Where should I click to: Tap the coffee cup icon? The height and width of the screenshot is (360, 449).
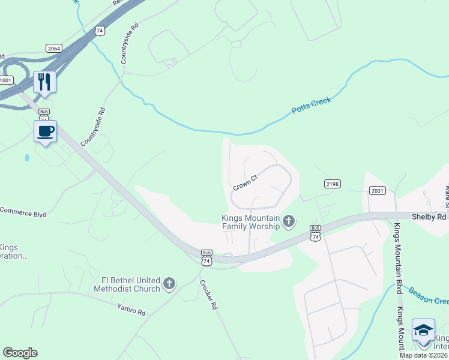(46, 131)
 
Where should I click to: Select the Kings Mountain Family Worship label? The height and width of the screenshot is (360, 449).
(250, 222)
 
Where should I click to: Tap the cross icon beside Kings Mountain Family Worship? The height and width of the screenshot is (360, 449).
(289, 222)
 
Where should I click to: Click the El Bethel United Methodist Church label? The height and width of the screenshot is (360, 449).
(127, 284)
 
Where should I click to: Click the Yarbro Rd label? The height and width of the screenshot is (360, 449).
(132, 312)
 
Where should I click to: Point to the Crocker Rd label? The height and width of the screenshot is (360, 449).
(208, 295)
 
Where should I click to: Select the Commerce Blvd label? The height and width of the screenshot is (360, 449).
(23, 211)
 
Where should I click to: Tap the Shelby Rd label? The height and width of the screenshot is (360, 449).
(429, 216)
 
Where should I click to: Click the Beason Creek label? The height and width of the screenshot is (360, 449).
(428, 296)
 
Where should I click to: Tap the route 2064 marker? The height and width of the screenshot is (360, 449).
(54, 48)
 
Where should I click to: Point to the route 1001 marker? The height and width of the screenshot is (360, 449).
(5, 80)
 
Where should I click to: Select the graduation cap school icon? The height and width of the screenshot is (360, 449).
(423, 329)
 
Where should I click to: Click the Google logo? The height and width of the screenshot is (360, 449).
(20, 353)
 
